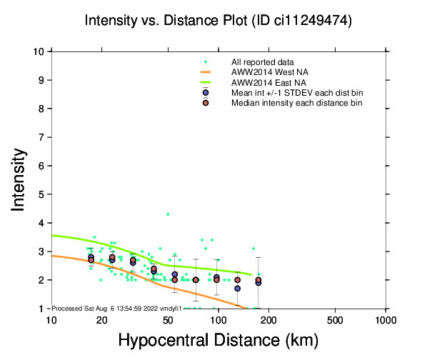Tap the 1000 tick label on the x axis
[386, 319]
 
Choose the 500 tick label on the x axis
[335, 319]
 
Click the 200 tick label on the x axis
[268, 319]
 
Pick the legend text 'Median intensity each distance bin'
[296, 103]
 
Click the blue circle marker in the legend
[206, 93]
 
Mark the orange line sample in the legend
[206, 73]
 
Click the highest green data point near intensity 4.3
[168, 214]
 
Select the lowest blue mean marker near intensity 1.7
[237, 289]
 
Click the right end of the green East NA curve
[251, 274]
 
